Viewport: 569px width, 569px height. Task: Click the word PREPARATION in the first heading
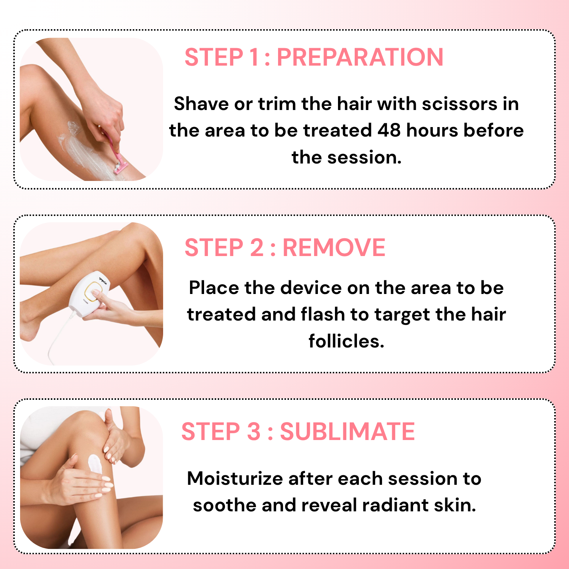click(360, 57)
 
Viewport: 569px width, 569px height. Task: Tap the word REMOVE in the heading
click(334, 248)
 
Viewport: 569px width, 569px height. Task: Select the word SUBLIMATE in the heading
click(347, 431)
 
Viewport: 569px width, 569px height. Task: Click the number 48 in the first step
click(389, 130)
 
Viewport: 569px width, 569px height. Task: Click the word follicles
click(346, 341)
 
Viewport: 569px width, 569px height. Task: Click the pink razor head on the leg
click(121, 167)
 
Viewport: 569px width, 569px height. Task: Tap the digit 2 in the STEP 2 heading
click(256, 248)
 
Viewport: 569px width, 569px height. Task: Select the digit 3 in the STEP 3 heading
click(253, 431)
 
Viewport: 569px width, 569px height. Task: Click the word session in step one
click(364, 157)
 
